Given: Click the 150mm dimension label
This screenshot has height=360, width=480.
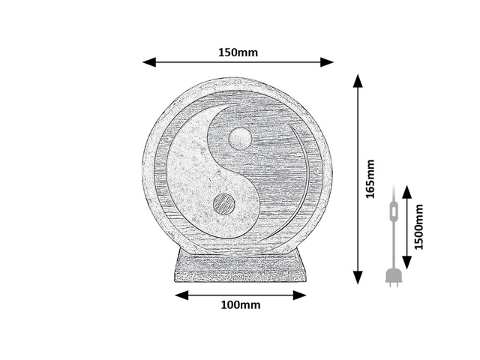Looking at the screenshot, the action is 238,52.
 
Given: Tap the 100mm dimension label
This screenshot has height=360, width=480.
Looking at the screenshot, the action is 241,305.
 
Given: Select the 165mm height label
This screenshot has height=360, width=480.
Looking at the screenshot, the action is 370,178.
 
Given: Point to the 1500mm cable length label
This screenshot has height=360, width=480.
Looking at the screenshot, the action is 418,226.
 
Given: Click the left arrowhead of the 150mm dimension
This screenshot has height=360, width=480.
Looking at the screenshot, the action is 149,62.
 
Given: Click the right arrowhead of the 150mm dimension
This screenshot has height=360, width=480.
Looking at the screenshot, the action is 327,62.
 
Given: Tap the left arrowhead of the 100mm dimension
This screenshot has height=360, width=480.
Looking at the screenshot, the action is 181,295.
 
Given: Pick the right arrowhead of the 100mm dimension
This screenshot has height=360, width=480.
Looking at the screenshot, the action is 300,295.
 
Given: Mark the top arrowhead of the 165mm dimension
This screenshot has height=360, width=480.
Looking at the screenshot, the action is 358,81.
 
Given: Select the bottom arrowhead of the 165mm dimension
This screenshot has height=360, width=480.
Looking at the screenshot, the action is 358,277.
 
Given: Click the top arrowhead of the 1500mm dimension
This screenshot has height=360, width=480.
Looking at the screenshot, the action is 406,192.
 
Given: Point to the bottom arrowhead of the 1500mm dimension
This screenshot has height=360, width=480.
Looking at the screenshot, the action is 406,262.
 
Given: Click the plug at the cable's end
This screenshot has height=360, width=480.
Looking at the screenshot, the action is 391,277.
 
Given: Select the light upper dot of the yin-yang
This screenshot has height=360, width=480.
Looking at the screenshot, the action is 240,139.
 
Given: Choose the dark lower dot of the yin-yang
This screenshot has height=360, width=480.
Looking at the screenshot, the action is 224,204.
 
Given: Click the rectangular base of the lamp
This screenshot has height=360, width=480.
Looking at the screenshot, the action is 240,265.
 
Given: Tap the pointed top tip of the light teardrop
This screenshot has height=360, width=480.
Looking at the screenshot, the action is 236,105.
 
